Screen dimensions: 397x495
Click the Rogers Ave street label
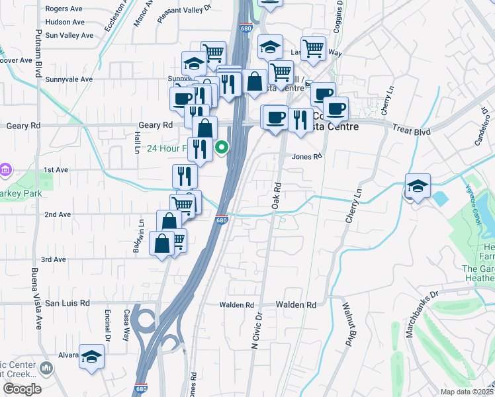tap(65, 9)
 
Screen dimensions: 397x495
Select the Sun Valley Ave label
tap(69, 35)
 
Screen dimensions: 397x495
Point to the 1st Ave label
tap(56, 170)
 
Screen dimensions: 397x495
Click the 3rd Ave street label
tap(54, 259)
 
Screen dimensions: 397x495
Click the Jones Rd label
tap(306, 157)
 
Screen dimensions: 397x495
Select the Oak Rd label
tap(277, 197)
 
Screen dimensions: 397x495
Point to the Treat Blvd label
tap(411, 131)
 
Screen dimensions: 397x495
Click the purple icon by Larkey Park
tap(6, 171)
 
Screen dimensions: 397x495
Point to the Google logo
tap(21, 389)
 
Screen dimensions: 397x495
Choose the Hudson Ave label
tap(65, 22)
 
